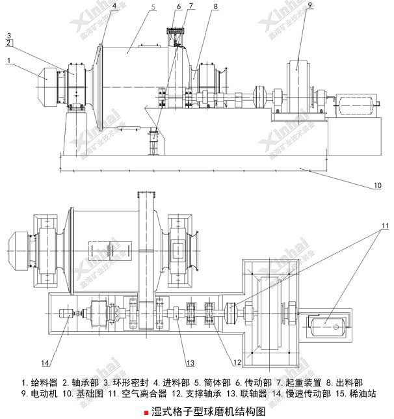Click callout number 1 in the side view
tap(9, 61)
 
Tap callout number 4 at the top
tap(114, 6)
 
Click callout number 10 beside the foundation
tap(377, 186)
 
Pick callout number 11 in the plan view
tap(384, 225)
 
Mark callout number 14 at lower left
tap(45, 362)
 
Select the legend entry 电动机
tap(36, 394)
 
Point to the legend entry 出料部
tap(347, 383)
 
